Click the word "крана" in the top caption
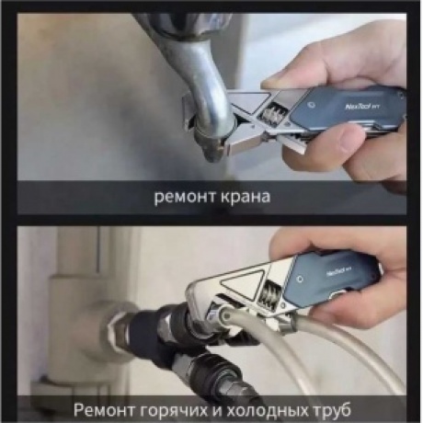(x=243, y=196)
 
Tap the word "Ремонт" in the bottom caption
(x=107, y=407)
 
